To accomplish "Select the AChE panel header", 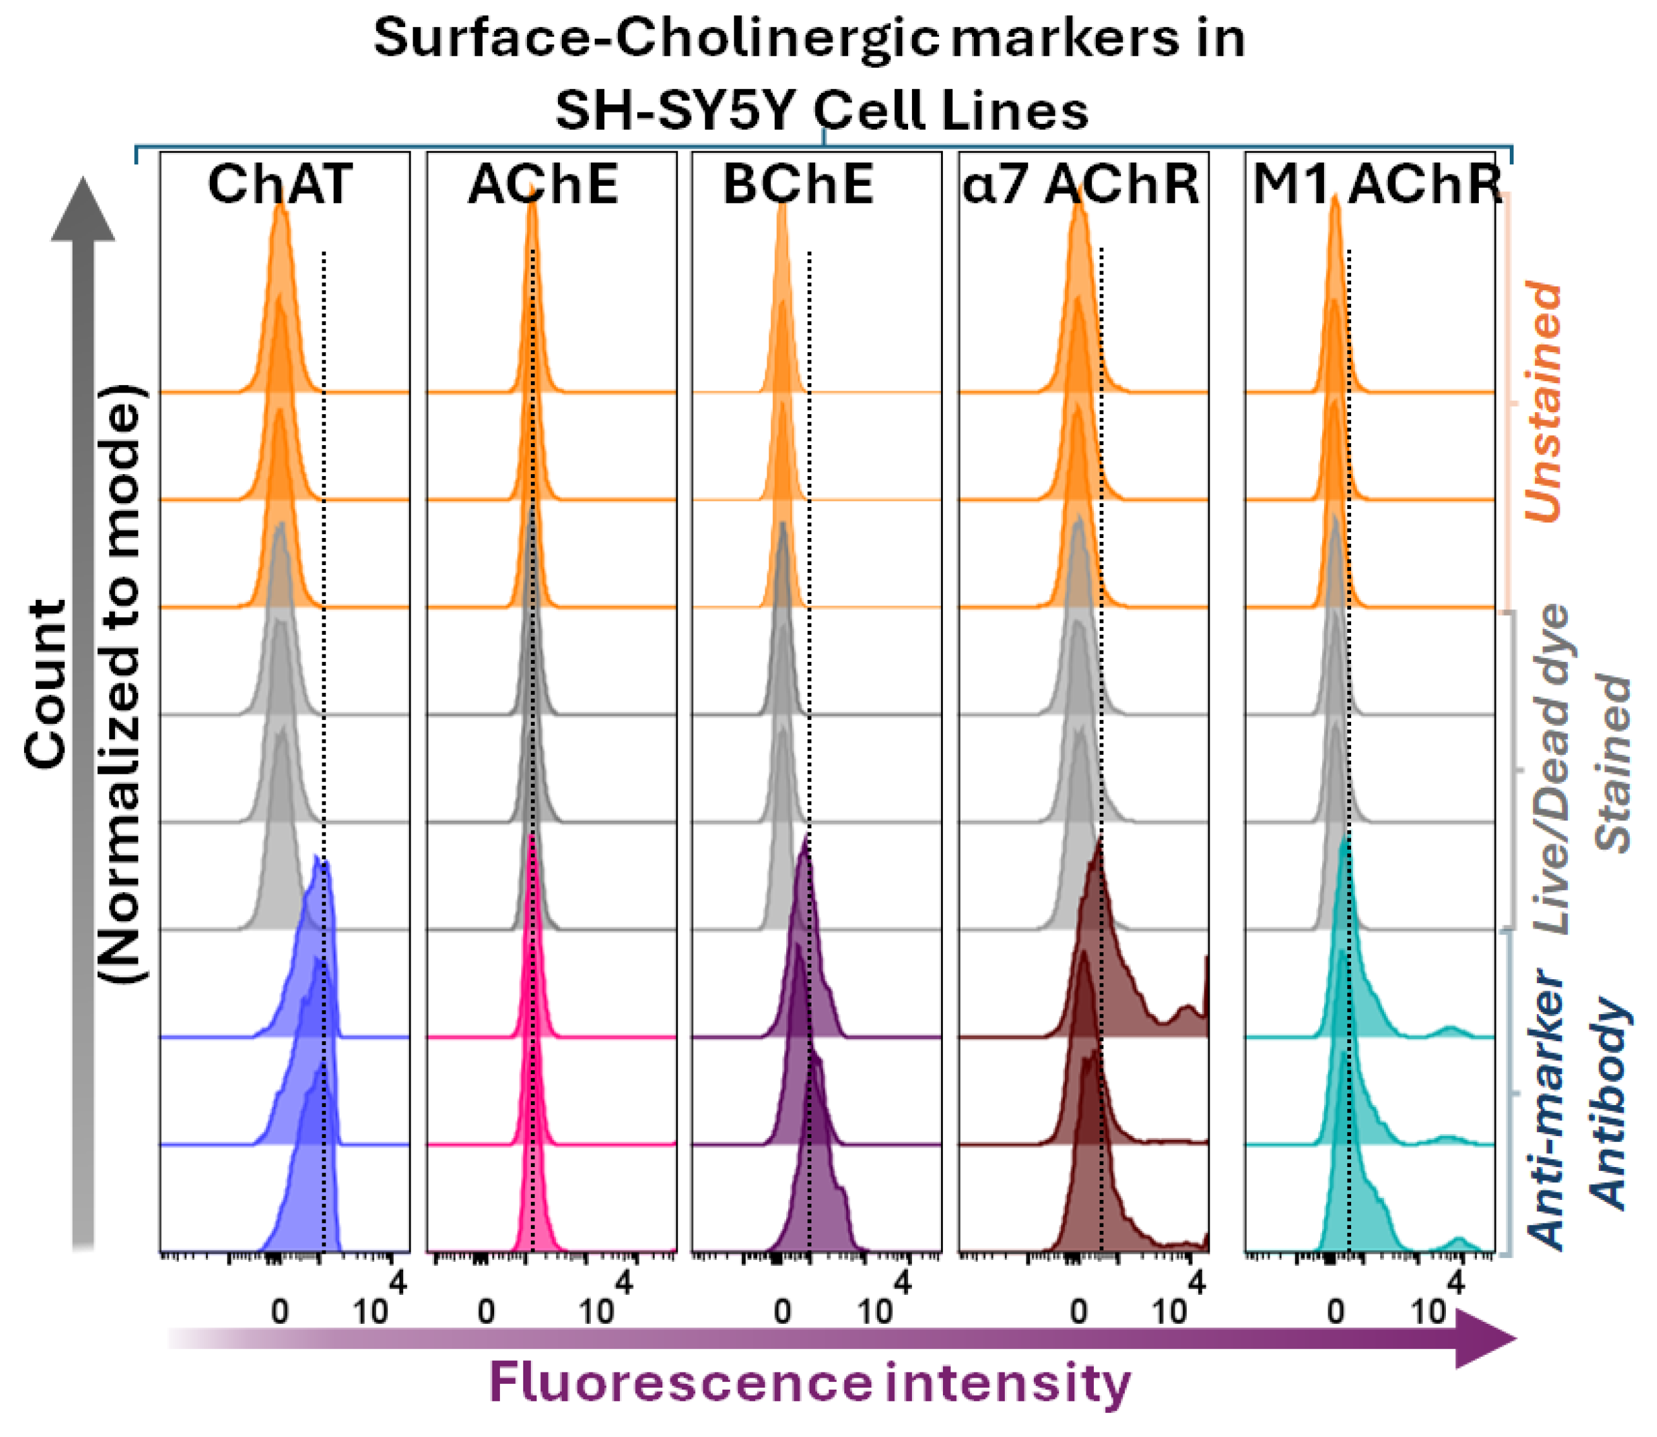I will point(543,185).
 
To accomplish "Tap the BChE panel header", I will point(798,185).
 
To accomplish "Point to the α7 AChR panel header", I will point(1081,185).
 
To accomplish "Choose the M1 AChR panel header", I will point(1376,185).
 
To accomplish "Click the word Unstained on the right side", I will point(1543,401).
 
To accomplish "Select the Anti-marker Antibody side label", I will point(1575,1111).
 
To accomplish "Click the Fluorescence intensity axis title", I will point(810,1381).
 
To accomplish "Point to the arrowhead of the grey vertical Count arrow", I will point(83,210).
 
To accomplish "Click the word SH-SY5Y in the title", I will point(677,111).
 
